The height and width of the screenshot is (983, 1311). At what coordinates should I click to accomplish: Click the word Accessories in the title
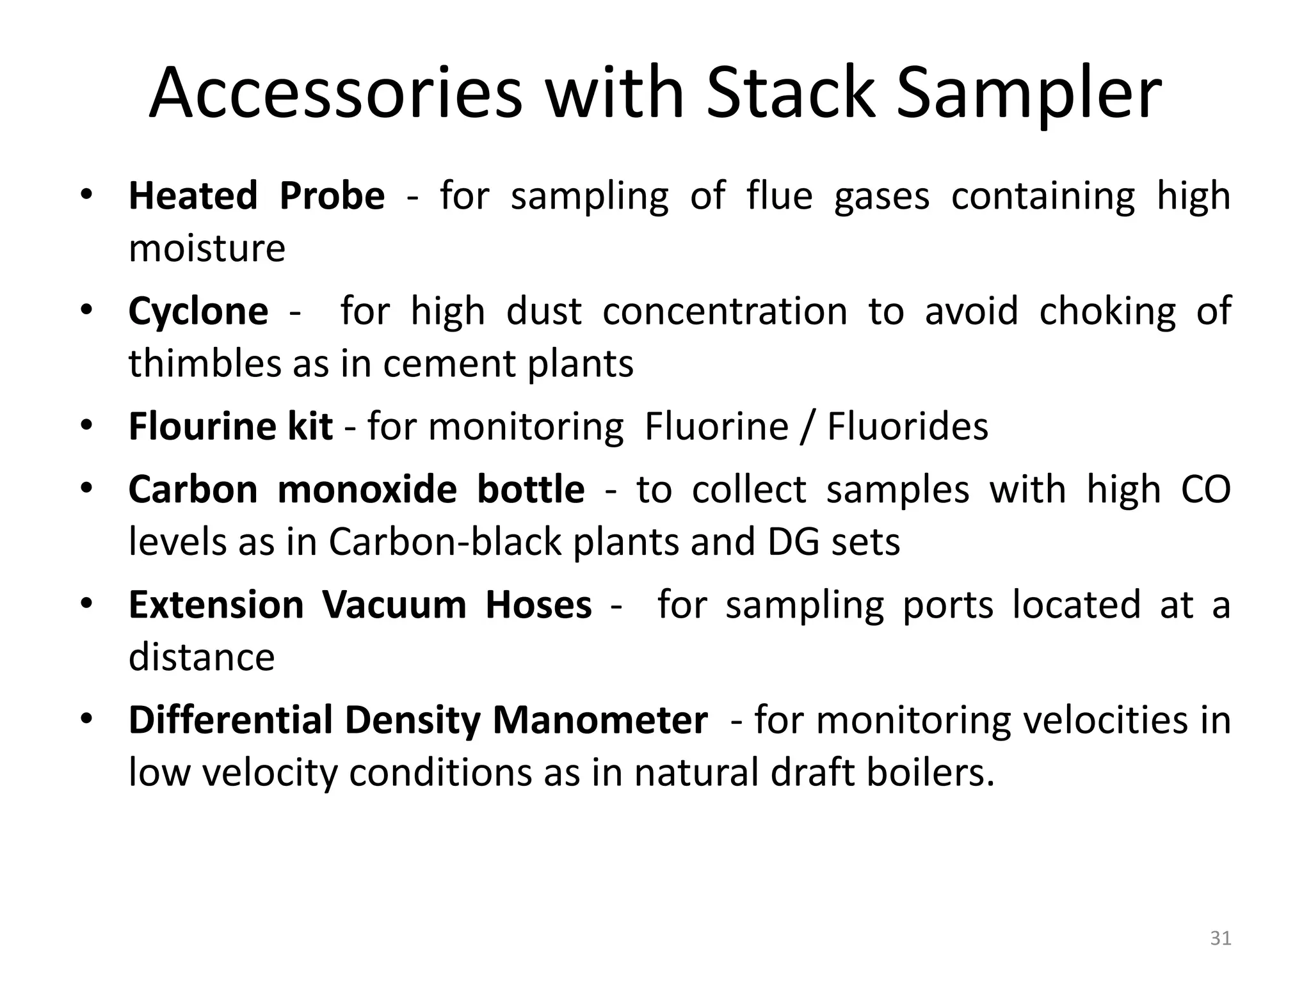click(335, 93)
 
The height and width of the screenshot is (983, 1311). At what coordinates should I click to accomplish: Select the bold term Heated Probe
click(257, 196)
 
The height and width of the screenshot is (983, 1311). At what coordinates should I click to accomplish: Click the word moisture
click(207, 248)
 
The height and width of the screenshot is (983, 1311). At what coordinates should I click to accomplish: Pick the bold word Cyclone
click(198, 312)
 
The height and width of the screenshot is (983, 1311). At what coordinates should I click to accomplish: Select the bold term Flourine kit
click(230, 426)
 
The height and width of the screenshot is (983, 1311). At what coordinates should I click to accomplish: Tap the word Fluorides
click(907, 426)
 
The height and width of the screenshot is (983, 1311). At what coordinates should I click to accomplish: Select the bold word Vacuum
click(394, 605)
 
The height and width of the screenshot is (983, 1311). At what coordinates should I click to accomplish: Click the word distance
click(202, 657)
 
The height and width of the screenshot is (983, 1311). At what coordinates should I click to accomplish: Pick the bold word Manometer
click(600, 720)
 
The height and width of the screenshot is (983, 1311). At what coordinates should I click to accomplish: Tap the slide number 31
click(1221, 938)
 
